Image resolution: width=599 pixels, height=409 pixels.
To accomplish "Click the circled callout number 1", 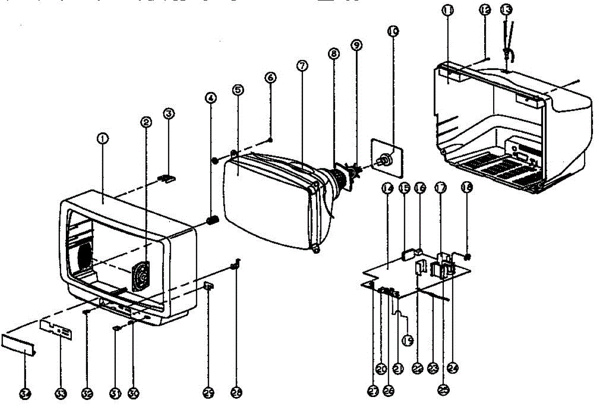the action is pyautogui.click(x=102, y=140).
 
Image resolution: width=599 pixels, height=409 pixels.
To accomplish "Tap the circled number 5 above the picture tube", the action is pyautogui.click(x=238, y=90).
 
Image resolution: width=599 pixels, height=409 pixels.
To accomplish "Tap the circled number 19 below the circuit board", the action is pyautogui.click(x=407, y=341).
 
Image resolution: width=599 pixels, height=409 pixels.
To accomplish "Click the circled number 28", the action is pyautogui.click(x=237, y=394).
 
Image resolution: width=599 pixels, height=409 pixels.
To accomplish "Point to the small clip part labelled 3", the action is pyautogui.click(x=168, y=178).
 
